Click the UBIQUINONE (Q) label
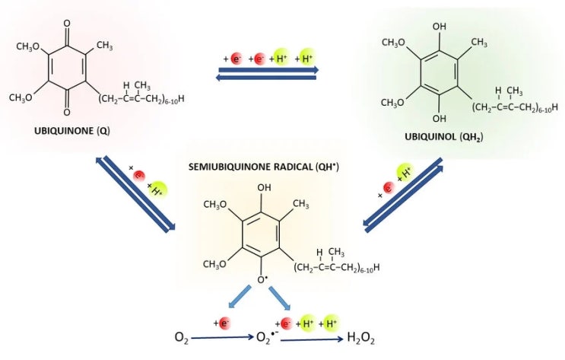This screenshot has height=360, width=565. pyautogui.click(x=71, y=131)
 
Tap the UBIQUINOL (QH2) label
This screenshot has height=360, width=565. pyautogui.click(x=443, y=137)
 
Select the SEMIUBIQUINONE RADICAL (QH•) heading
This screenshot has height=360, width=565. pyautogui.click(x=264, y=167)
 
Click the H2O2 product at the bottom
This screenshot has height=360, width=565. pyautogui.click(x=360, y=339)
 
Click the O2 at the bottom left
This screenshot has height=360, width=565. pyautogui.click(x=182, y=338)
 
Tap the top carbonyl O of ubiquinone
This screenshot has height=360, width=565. pyautogui.click(x=67, y=24)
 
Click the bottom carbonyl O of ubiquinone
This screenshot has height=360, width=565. pyautogui.click(x=67, y=113)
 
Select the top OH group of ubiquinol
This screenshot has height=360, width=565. pyautogui.click(x=440, y=27)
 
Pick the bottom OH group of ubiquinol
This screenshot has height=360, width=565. pyautogui.click(x=440, y=118)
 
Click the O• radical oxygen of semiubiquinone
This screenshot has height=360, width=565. pyautogui.click(x=262, y=279)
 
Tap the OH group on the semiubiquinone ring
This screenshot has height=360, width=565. pyautogui.click(x=264, y=187)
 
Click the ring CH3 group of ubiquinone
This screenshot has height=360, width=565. pyautogui.click(x=104, y=46)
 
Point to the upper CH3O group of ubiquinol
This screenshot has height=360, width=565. pyautogui.click(x=394, y=43)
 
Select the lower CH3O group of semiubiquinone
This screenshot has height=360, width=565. pyautogui.click(x=214, y=264)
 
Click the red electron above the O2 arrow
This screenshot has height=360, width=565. pyautogui.click(x=224, y=323)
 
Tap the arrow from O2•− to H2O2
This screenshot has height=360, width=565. pyautogui.click(x=312, y=339)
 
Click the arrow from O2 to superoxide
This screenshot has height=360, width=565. pyautogui.click(x=223, y=338)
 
